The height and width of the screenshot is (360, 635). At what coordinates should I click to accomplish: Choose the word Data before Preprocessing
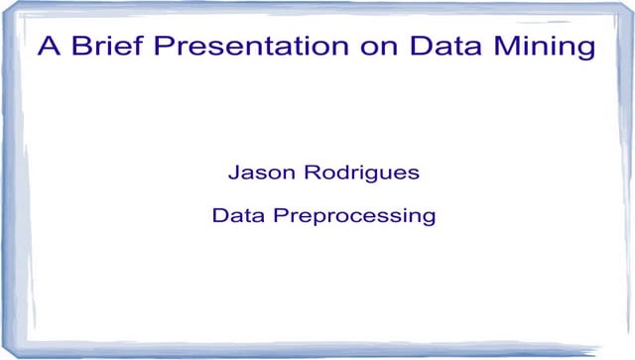pos(238,214)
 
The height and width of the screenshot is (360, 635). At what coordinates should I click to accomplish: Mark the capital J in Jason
pos(234,173)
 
